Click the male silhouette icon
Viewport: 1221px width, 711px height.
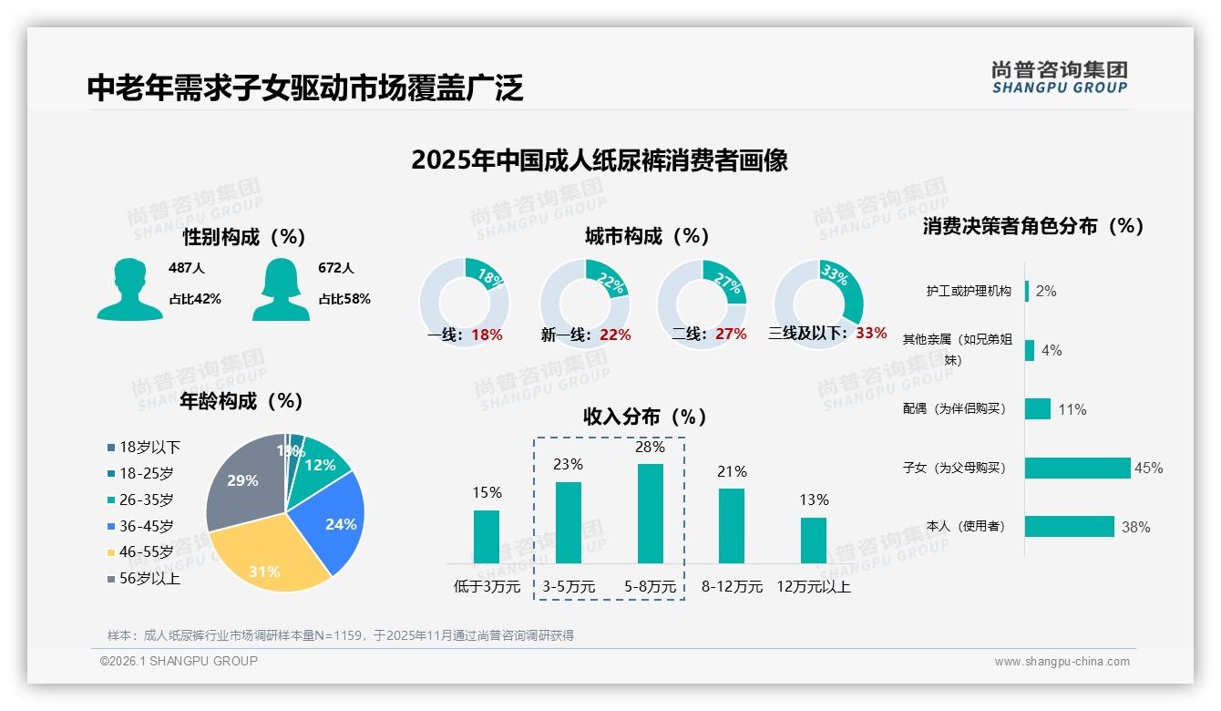coord(129,289)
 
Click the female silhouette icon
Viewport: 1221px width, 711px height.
coord(281,289)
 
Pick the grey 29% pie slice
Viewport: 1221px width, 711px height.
coord(241,483)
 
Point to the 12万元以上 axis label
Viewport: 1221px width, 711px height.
coord(813,587)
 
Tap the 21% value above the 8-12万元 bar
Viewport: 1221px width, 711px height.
coord(732,471)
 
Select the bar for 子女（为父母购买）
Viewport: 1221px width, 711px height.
coord(1077,468)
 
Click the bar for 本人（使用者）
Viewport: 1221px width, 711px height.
coord(1069,526)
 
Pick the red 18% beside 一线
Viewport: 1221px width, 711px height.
coord(487,335)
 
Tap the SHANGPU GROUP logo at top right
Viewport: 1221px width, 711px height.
coord(1059,77)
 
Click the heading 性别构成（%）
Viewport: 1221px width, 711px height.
coord(243,237)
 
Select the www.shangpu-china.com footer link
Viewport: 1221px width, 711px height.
coord(1062,662)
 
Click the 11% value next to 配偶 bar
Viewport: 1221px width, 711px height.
coord(1072,409)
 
